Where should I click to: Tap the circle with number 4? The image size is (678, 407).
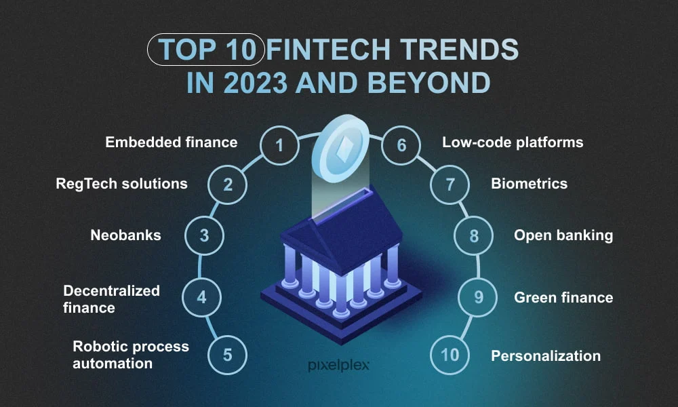(x=201, y=296)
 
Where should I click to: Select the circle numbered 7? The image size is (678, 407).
(x=450, y=185)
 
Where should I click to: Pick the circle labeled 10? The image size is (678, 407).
(x=450, y=355)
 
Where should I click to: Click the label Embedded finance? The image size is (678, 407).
(x=171, y=142)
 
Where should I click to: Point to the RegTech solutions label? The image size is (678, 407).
(x=121, y=184)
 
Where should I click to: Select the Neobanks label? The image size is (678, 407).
(x=125, y=235)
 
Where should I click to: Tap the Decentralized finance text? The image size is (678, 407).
(x=111, y=299)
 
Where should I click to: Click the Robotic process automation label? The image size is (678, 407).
(x=130, y=354)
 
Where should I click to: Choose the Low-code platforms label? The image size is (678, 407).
(x=513, y=142)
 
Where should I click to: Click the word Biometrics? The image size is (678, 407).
(x=529, y=184)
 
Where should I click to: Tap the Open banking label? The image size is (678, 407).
(x=563, y=235)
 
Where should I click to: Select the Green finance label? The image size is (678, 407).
(x=563, y=297)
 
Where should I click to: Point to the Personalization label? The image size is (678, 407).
(x=546, y=355)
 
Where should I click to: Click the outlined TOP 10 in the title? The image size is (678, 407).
(x=205, y=50)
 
